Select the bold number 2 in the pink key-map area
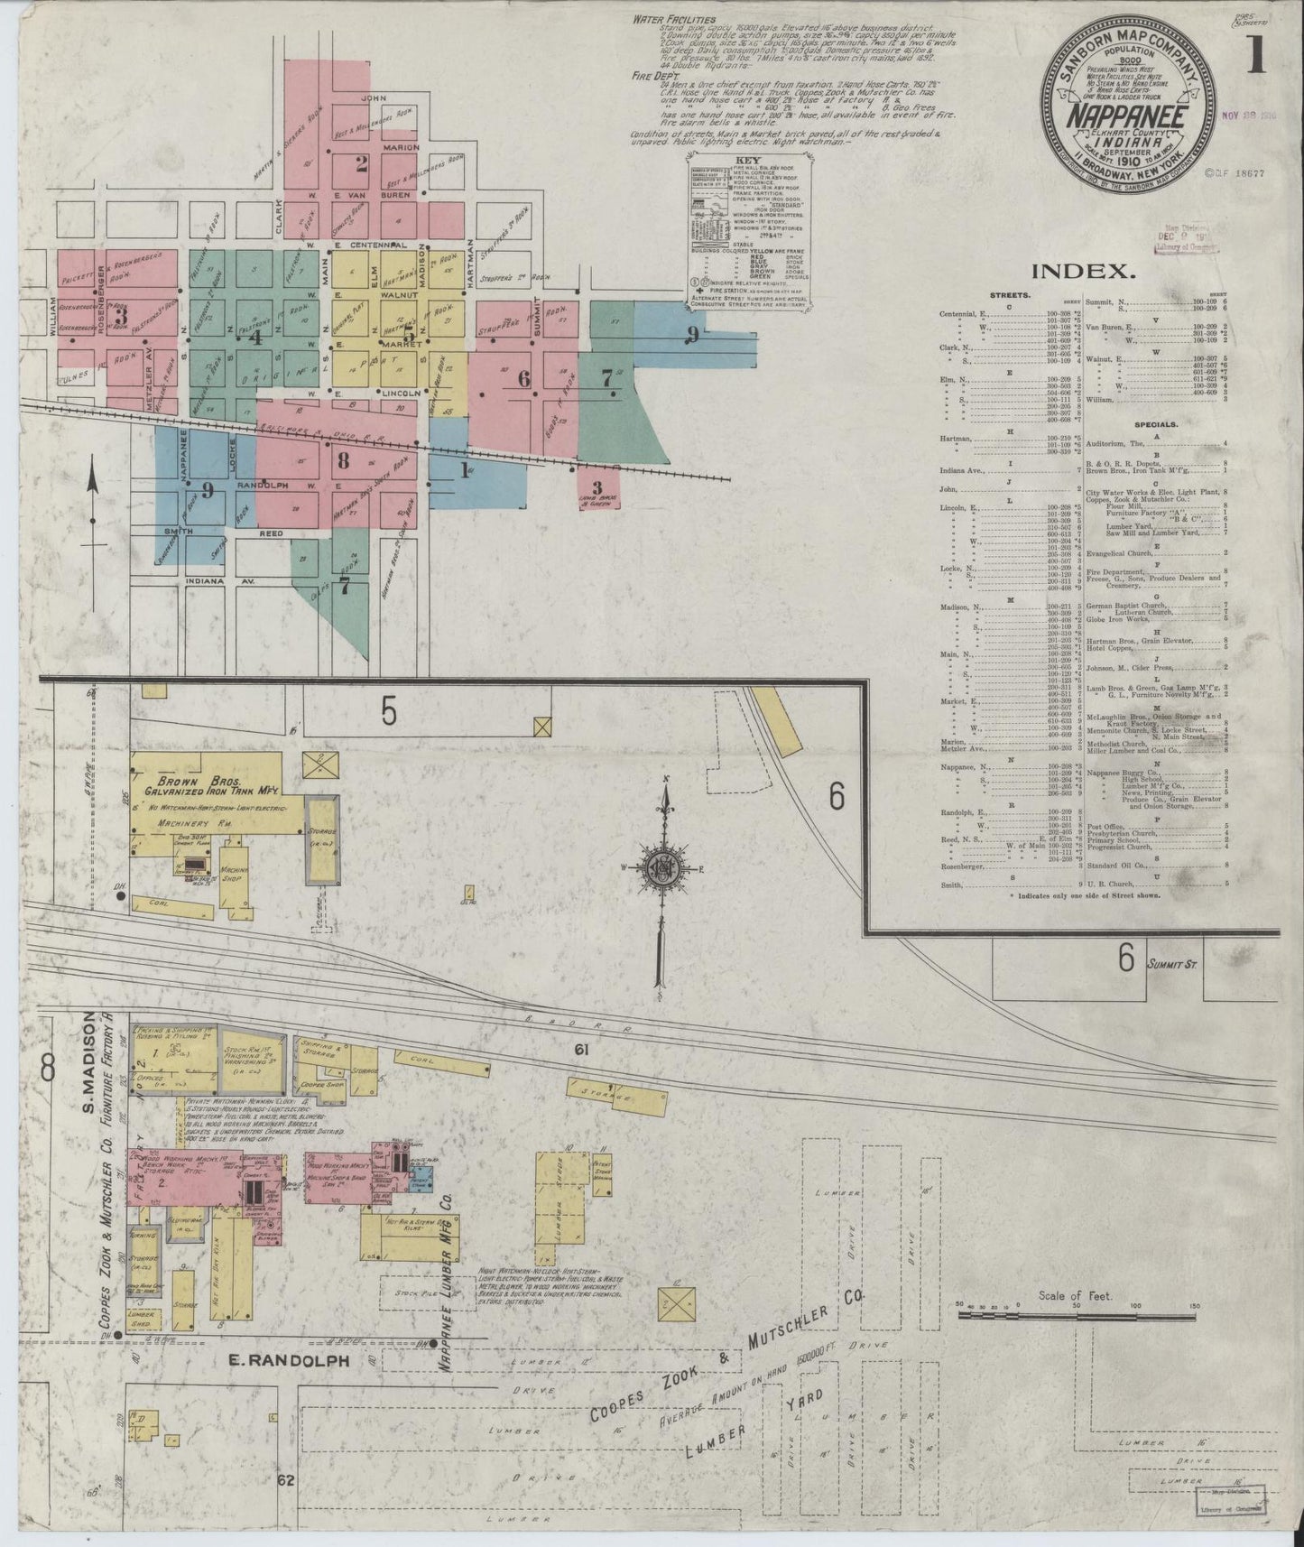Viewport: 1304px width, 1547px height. click(362, 164)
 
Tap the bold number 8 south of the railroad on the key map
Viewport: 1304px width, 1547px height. click(343, 459)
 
